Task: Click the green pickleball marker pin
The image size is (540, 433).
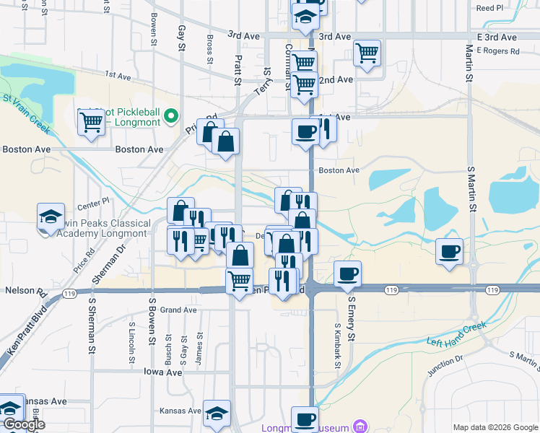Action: coord(171,115)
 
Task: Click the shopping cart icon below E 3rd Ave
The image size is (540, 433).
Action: coord(367,53)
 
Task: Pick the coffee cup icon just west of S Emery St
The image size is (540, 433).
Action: coord(348,274)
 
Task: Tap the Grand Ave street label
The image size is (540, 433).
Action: coord(178,310)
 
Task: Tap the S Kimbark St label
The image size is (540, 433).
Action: coord(337,346)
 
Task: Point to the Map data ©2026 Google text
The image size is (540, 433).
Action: coord(495,427)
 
